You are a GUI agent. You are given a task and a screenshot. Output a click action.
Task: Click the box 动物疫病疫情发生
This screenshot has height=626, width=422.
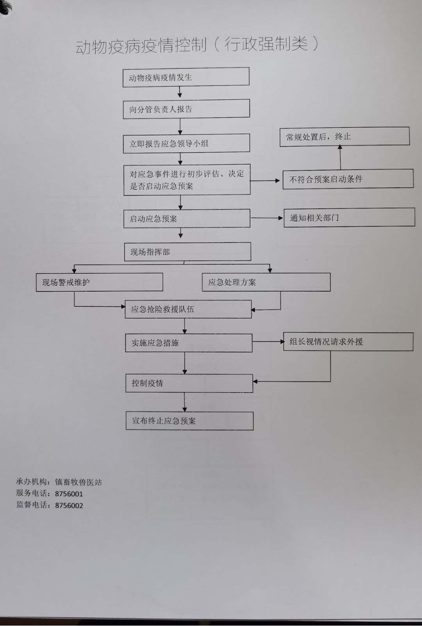coord(186,77)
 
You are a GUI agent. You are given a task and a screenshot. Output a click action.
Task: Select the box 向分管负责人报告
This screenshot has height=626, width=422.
coord(186,109)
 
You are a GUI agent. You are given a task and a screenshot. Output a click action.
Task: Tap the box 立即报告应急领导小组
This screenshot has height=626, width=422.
coord(186,143)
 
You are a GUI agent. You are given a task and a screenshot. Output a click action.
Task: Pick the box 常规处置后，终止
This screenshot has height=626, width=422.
coord(345,137)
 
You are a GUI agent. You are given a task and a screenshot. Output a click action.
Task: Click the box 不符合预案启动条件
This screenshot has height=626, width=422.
coord(348,179)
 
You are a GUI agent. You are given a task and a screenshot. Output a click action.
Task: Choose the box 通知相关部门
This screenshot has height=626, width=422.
coord(349,217)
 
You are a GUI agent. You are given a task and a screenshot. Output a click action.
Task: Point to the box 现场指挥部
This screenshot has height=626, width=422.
coord(188,251)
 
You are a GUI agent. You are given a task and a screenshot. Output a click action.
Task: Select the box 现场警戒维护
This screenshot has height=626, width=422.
coord(99,282)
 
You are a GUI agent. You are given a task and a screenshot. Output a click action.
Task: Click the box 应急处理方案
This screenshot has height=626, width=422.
coord(266,282)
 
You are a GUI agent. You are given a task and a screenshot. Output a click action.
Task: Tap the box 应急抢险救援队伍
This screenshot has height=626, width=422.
coord(188,309)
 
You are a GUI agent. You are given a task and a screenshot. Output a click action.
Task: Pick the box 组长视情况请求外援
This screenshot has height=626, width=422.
coord(348,341)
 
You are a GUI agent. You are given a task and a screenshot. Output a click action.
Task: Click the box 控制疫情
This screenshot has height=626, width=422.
coord(189,383)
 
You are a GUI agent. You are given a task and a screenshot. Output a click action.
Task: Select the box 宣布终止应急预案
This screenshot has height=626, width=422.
coord(190,421)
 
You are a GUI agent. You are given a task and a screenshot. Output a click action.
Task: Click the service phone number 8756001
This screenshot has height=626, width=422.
coord(69,494)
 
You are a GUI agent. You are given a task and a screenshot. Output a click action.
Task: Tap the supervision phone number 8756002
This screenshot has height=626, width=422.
coord(69,505)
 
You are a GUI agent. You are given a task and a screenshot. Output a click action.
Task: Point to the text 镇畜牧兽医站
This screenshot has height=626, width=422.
coord(79,482)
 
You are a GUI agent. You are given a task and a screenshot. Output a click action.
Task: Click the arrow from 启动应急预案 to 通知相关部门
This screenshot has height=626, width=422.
coord(267,218)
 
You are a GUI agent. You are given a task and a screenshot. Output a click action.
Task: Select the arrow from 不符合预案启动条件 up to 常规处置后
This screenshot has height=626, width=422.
coord(340,157)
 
